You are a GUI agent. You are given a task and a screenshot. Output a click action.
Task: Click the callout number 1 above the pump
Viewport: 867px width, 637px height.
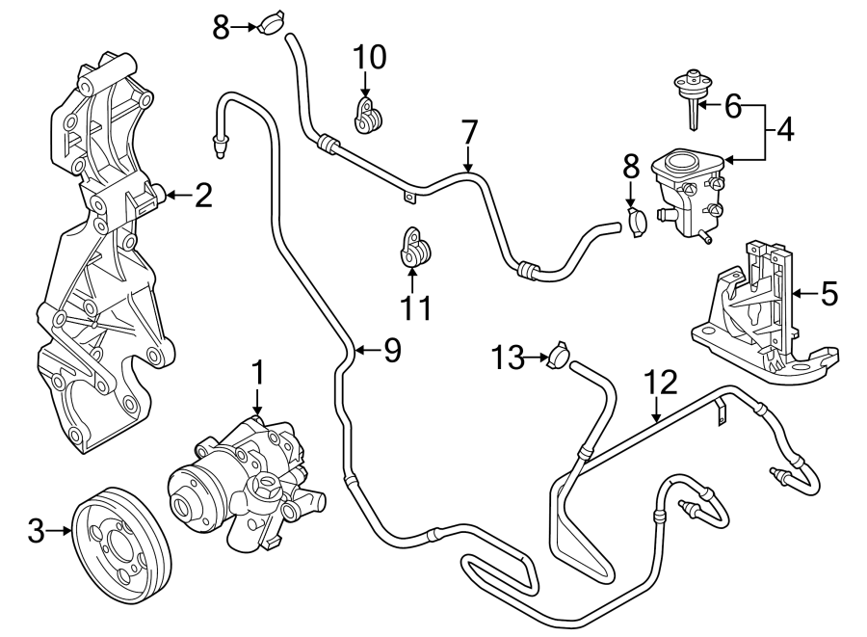click(x=257, y=371)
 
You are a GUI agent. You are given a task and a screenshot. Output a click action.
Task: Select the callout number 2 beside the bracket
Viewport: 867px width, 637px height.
click(x=202, y=197)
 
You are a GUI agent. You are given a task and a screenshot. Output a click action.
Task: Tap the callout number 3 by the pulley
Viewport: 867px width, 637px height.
click(x=36, y=529)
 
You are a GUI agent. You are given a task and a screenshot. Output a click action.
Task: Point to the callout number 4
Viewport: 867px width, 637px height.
click(x=786, y=129)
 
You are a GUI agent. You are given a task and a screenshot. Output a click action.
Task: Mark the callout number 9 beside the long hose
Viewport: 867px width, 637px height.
click(x=391, y=351)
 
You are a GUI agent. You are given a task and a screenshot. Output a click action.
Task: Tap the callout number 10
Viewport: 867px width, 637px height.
click(x=368, y=58)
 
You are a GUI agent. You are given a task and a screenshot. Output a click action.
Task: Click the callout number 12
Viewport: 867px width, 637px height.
click(x=664, y=383)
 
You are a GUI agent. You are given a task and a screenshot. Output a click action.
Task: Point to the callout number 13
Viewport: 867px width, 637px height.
click(x=509, y=358)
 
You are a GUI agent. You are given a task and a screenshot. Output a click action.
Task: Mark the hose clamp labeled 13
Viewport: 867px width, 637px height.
click(x=557, y=357)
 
